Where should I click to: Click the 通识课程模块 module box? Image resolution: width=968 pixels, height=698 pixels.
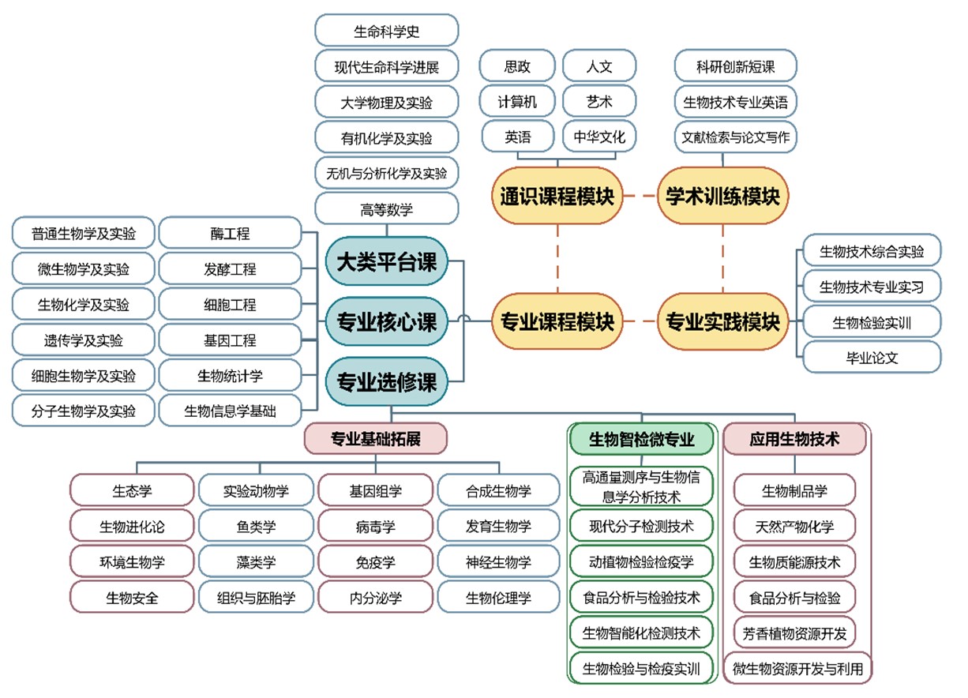click(557, 196)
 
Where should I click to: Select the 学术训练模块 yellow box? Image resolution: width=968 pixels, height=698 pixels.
click(722, 196)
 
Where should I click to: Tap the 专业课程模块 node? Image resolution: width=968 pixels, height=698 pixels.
click(557, 321)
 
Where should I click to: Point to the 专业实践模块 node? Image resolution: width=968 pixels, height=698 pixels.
click(722, 321)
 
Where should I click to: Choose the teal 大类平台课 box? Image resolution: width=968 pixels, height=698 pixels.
click(387, 261)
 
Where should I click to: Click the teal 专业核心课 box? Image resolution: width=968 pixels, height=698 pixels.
click(387, 321)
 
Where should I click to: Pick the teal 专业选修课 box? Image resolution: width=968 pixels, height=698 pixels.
click(387, 382)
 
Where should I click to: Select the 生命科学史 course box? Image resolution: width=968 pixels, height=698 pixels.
click(386, 32)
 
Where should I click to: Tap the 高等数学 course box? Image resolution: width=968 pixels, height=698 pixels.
click(386, 209)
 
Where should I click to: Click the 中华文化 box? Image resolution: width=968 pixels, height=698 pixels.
click(598, 137)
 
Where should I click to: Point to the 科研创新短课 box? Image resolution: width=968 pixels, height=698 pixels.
click(735, 66)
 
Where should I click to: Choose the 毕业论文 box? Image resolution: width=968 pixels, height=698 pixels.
click(872, 357)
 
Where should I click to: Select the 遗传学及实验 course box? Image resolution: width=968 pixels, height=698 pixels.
click(83, 340)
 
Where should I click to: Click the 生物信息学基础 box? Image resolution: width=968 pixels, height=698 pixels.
click(230, 411)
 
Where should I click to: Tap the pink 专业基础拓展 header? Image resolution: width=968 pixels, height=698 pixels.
click(375, 439)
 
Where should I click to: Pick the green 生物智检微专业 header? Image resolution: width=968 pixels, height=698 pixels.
click(641, 439)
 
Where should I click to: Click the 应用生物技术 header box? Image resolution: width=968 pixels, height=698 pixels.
click(794, 439)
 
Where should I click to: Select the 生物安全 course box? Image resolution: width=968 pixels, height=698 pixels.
click(132, 598)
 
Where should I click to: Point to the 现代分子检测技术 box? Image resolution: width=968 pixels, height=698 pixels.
click(641, 525)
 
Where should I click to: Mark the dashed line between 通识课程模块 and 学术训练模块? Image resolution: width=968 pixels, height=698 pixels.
click(640, 196)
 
